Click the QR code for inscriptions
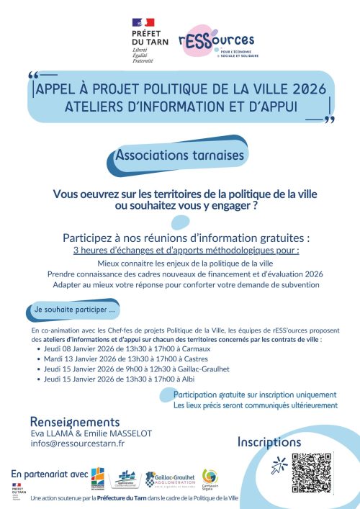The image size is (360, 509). click(313, 472)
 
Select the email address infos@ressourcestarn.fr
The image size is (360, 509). click(78, 444)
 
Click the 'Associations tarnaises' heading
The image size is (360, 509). click(181, 155)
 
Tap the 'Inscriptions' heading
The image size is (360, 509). click(269, 442)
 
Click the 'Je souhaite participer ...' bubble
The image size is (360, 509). click(75, 309)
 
